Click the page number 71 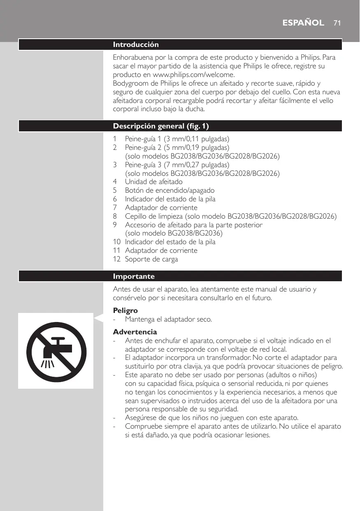tap(337, 23)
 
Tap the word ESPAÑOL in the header tap(304, 23)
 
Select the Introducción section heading tap(136, 44)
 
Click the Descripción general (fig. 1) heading tap(164, 126)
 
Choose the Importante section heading tap(134, 276)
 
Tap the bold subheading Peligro tap(125, 310)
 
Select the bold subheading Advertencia tap(135, 331)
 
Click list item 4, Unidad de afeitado tap(153, 182)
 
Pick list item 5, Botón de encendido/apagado tap(170, 190)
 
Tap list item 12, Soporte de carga tap(151, 259)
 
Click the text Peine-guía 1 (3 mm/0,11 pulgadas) tap(177, 139)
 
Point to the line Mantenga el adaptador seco tap(169, 319)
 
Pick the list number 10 tap(117, 242)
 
